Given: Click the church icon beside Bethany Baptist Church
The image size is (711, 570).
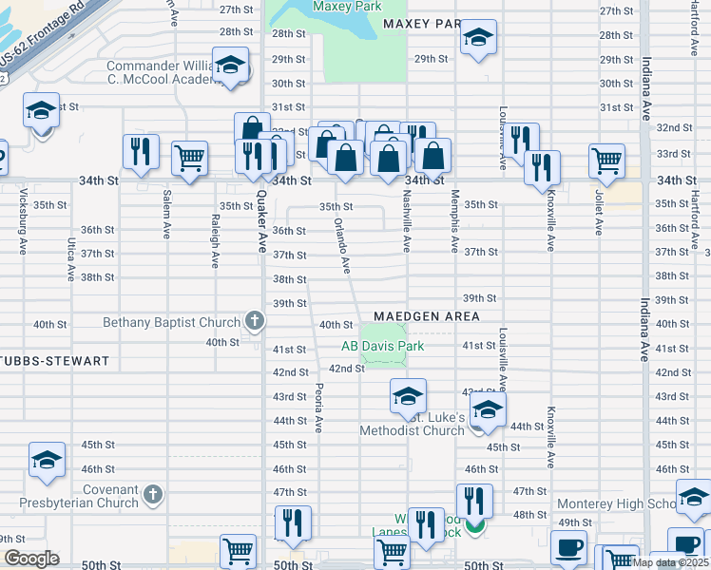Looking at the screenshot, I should [255, 322].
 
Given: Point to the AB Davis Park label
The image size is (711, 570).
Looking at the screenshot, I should [383, 346].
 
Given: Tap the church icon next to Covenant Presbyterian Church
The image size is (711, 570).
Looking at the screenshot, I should [153, 494].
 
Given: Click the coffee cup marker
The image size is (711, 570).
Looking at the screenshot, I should [570, 548].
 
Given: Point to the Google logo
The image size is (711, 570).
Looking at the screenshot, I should [30, 558].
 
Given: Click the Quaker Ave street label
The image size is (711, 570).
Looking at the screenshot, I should [261, 218].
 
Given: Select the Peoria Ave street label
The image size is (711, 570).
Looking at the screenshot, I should [319, 407].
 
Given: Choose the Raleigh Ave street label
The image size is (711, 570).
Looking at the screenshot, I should [216, 237].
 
